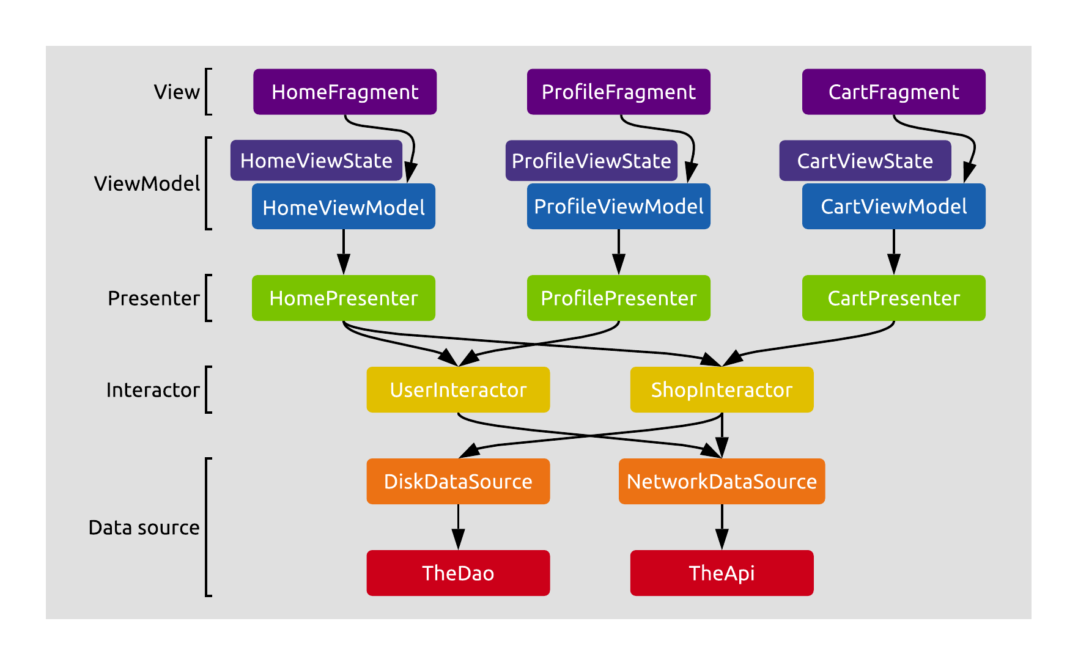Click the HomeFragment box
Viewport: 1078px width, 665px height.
[345, 92]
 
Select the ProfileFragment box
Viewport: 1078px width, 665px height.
[618, 92]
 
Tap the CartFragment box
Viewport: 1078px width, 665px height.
[893, 92]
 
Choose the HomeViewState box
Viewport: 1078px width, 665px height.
[316, 161]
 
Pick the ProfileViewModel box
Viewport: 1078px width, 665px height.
[618, 207]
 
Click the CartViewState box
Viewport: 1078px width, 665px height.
[865, 161]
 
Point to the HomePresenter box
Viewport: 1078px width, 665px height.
[343, 298]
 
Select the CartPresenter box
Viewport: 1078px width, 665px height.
[893, 298]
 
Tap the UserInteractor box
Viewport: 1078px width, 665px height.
[458, 389]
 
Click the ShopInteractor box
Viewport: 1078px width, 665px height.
[722, 389]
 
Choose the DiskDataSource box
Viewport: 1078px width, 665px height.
[458, 481]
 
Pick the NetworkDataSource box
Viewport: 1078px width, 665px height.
[722, 481]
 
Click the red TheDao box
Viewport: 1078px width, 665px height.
[458, 573]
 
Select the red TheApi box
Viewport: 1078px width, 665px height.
[722, 573]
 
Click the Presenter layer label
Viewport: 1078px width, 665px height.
[153, 298]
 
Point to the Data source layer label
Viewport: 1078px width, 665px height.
[144, 527]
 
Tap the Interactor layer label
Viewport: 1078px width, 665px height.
[153, 390]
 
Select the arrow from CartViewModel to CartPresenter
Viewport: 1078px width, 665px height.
[893, 251]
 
